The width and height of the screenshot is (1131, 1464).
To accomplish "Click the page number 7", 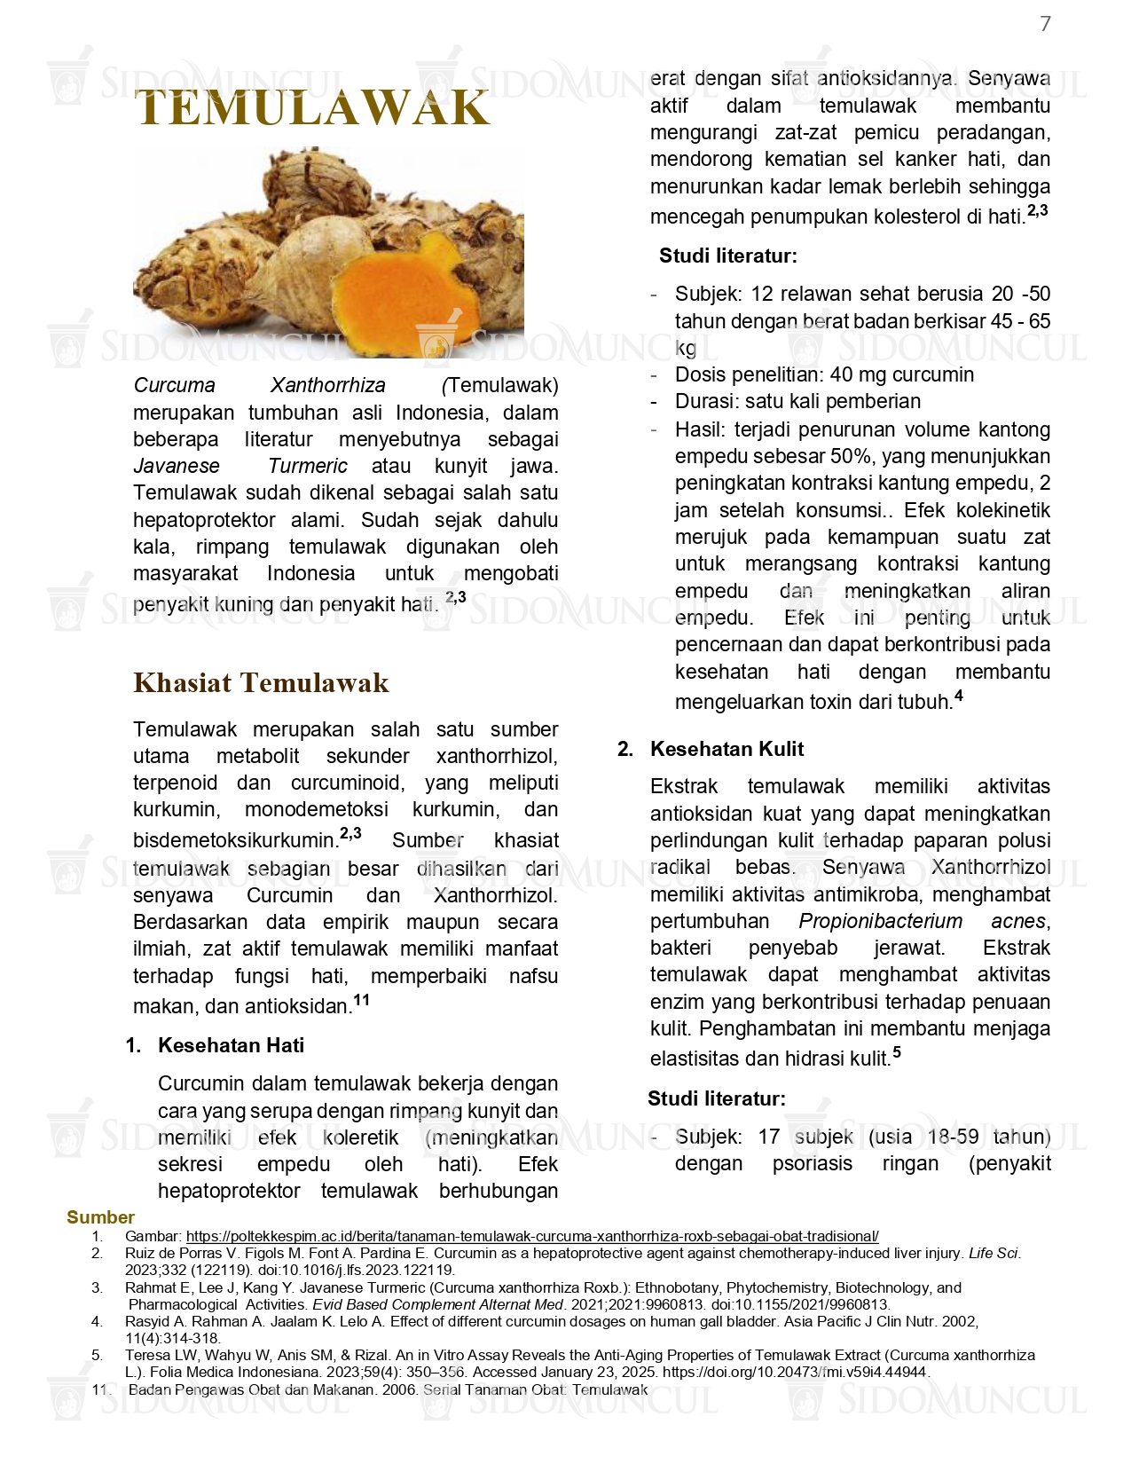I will click(1045, 24).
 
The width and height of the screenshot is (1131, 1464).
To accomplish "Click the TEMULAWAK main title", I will click(312, 108).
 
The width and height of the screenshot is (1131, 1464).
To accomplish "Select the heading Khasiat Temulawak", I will click(261, 682).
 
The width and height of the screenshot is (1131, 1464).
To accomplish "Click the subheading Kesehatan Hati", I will click(231, 1045).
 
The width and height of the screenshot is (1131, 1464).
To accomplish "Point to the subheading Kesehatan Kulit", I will click(727, 749).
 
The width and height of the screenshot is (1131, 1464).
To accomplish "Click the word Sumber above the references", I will click(100, 1217).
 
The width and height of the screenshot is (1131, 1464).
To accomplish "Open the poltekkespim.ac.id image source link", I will click(532, 1236).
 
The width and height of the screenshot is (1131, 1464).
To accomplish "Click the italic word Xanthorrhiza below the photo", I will click(327, 385).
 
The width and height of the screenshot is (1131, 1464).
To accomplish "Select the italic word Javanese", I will click(176, 466).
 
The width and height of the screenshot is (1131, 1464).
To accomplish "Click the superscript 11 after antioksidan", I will click(361, 1000).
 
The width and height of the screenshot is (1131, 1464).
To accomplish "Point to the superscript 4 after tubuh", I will click(958, 696).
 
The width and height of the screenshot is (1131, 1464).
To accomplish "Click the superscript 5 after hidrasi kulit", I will click(896, 1052).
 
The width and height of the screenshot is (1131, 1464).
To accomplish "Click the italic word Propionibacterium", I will click(880, 921).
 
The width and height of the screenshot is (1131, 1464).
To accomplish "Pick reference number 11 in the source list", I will click(100, 1389).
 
